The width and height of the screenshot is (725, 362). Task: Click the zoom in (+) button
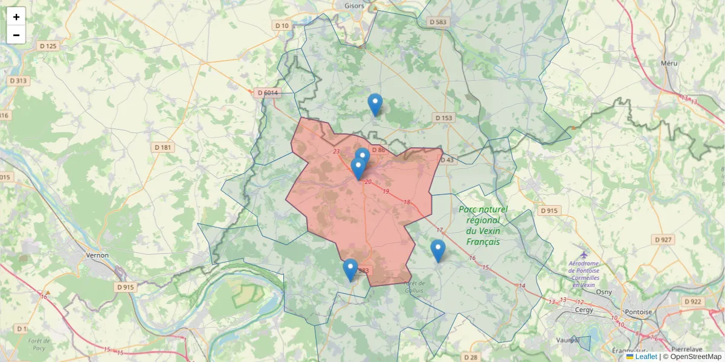click(x=16, y=17)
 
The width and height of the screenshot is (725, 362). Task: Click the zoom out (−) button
click(x=16, y=35)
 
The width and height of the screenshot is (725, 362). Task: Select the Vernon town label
click(x=98, y=255)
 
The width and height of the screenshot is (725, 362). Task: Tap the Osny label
click(x=604, y=292)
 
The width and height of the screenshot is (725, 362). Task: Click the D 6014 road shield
click(x=267, y=93)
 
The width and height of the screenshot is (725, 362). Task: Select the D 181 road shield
click(x=163, y=147)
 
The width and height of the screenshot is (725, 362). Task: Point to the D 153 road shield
click(x=443, y=118)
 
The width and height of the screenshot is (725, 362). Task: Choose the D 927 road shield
click(x=663, y=240)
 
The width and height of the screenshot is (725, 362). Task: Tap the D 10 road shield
click(x=282, y=25)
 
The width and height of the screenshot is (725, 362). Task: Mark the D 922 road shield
click(x=693, y=301)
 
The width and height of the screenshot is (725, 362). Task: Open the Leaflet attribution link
click(x=646, y=357)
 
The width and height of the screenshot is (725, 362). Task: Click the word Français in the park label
click(x=483, y=242)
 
